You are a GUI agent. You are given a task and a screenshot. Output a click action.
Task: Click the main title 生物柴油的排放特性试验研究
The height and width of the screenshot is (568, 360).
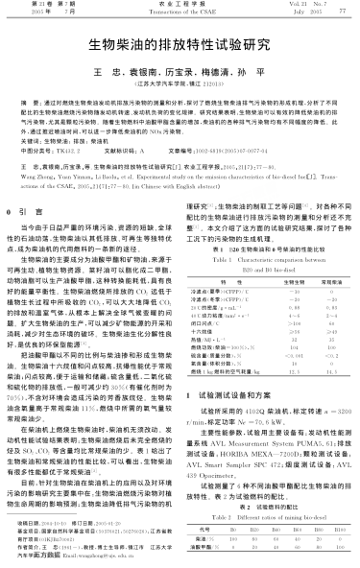(x=180, y=44)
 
